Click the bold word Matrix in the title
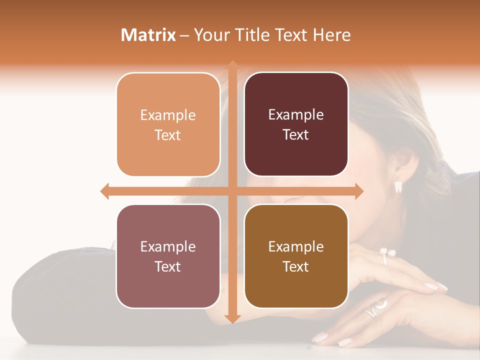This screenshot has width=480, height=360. (148, 35)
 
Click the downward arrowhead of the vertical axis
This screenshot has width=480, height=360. (232, 318)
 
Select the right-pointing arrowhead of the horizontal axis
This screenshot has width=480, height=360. (358, 191)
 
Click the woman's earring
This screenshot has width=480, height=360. (398, 186)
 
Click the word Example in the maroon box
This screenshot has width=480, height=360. (296, 115)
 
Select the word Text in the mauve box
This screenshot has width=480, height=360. (168, 266)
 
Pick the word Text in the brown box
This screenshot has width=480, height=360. (296, 266)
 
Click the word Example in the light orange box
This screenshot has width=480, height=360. (168, 115)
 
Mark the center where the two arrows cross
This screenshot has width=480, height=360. (232, 191)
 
